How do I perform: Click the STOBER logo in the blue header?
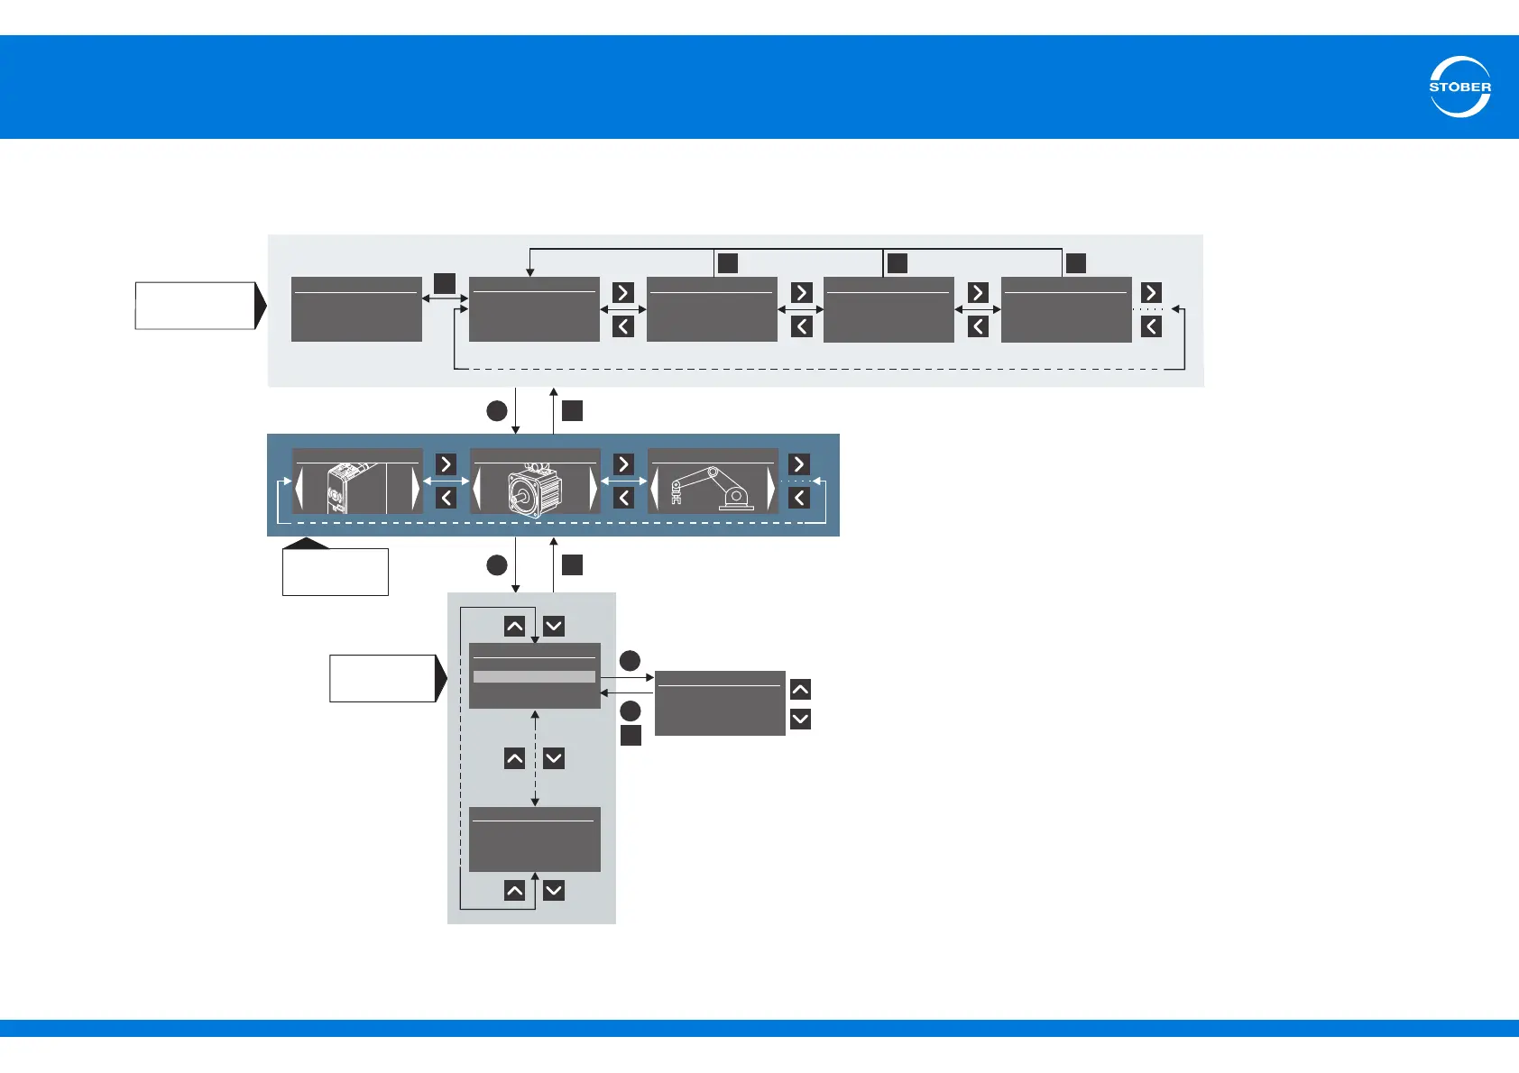click(x=1459, y=87)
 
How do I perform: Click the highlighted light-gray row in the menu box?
click(x=534, y=676)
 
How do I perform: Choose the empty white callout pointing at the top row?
click(x=196, y=306)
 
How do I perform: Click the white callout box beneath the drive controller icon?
click(x=335, y=572)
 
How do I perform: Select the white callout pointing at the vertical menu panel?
click(x=382, y=678)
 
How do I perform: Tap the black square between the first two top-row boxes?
click(x=445, y=283)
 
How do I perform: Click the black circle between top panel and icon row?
click(x=497, y=411)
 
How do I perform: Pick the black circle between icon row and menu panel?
click(x=497, y=565)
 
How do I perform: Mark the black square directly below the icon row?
click(x=572, y=565)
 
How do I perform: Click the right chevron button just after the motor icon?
click(x=623, y=463)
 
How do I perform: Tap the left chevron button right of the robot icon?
click(x=799, y=498)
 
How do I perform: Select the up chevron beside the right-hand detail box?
click(x=800, y=690)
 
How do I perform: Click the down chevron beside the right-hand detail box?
click(x=800, y=719)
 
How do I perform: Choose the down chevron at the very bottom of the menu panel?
click(x=554, y=891)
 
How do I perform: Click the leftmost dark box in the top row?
click(x=356, y=309)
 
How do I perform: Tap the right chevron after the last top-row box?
click(x=1151, y=292)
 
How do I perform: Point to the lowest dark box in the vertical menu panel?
click(x=535, y=839)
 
